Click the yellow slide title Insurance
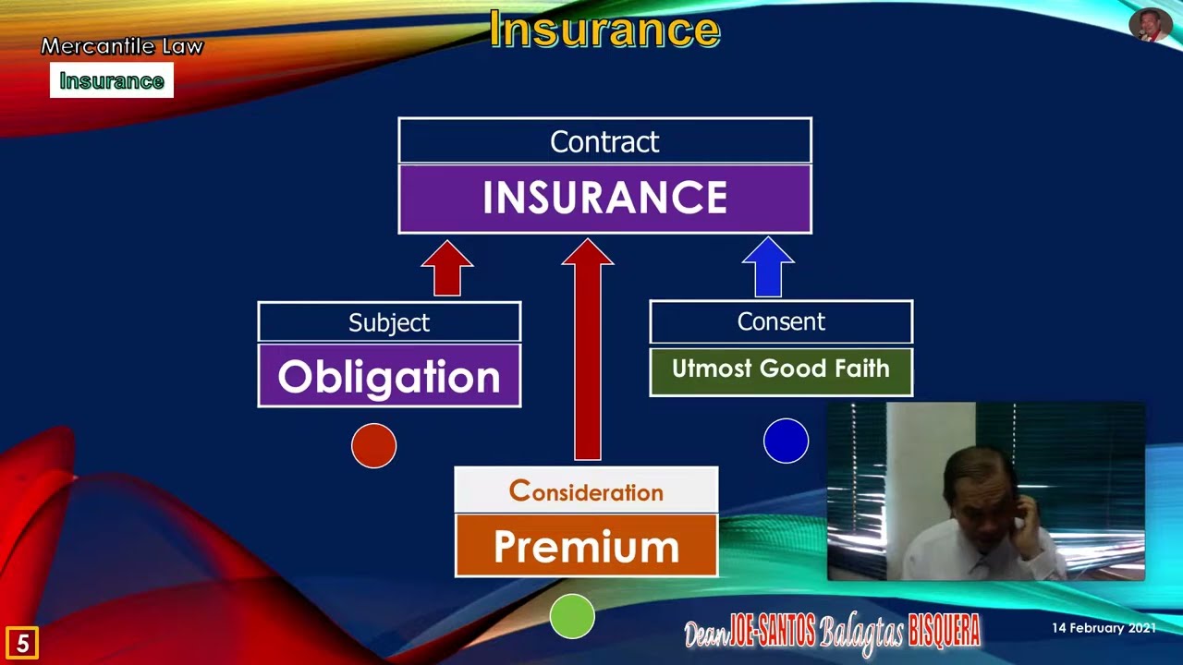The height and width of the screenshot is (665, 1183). pyautogui.click(x=604, y=30)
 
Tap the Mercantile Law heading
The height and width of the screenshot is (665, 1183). pyautogui.click(x=121, y=46)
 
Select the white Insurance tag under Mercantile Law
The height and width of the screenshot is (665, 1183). pyautogui.click(x=112, y=81)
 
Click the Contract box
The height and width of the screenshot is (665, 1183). pyautogui.click(x=604, y=141)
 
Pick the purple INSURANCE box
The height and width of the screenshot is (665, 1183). pyautogui.click(x=604, y=199)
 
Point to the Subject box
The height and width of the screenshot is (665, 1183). pyautogui.click(x=389, y=322)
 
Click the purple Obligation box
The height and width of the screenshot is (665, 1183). pyautogui.click(x=389, y=376)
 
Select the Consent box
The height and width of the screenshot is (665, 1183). pyautogui.click(x=781, y=321)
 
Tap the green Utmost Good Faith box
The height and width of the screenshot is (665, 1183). pyautogui.click(x=781, y=370)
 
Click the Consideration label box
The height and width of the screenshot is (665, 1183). pyautogui.click(x=586, y=490)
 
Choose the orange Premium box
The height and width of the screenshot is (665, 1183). pyautogui.click(x=586, y=546)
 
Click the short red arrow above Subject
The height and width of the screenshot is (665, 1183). pyautogui.click(x=447, y=269)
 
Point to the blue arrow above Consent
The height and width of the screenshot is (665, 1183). pyautogui.click(x=768, y=268)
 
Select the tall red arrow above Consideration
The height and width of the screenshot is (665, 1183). pyautogui.click(x=588, y=351)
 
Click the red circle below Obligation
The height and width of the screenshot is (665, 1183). pyautogui.click(x=374, y=446)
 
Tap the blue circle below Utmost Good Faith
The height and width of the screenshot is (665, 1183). pyautogui.click(x=786, y=441)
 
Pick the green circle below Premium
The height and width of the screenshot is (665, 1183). pyautogui.click(x=572, y=617)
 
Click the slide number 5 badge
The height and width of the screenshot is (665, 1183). pyautogui.click(x=22, y=643)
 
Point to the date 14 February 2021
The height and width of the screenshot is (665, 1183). pyautogui.click(x=1104, y=628)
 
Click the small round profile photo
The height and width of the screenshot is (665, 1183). pyautogui.click(x=1150, y=25)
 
